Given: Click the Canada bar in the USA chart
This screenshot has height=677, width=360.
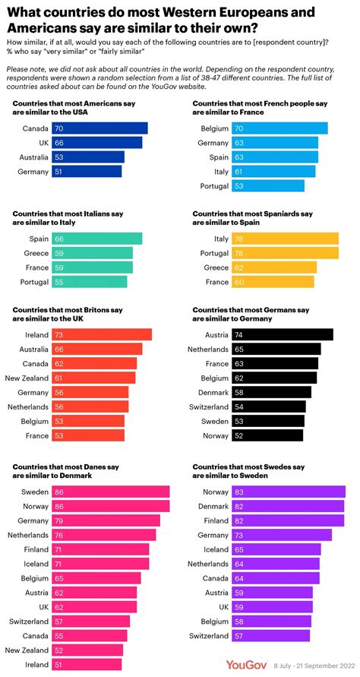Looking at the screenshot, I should tap(99, 128).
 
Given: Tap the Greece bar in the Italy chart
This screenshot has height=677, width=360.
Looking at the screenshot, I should tap(92, 253).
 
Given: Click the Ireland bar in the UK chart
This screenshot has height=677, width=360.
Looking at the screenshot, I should tap(101, 334).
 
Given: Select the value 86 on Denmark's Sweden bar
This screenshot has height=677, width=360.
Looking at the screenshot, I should tap(58, 492).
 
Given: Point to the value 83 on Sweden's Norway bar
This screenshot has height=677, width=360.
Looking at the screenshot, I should tap(239, 492).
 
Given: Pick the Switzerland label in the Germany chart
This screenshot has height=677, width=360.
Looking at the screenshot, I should tap(208, 407).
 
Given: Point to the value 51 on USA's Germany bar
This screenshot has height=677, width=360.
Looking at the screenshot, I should tap(58, 172).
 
